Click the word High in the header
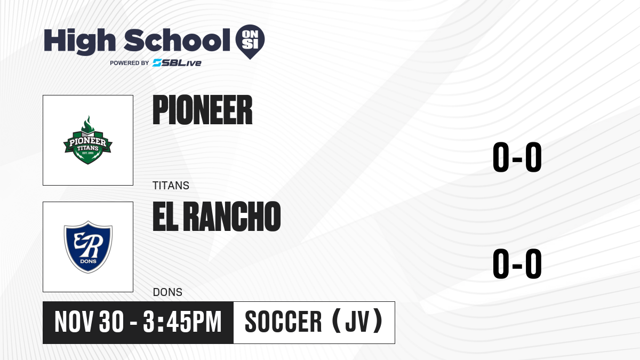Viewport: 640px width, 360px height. pyautogui.click(x=80, y=42)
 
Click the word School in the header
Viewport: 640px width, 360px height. pyautogui.click(x=177, y=40)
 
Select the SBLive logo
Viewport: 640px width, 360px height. pyautogui.click(x=177, y=63)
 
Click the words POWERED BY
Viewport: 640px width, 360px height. pyautogui.click(x=130, y=63)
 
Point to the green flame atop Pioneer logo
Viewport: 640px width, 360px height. pyautogui.click(x=87, y=125)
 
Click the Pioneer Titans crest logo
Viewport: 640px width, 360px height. pyautogui.click(x=87, y=140)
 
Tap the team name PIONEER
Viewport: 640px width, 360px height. pyautogui.click(x=203, y=110)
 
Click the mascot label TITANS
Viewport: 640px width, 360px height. pyautogui.click(x=171, y=186)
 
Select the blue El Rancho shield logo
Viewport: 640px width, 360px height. pyautogui.click(x=88, y=247)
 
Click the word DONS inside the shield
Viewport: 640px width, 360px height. pyautogui.click(x=89, y=261)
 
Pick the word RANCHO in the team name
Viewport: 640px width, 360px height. pyautogui.click(x=232, y=217)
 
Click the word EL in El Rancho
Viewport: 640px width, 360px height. pyautogui.click(x=165, y=217)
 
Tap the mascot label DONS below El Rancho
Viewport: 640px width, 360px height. pyautogui.click(x=167, y=292)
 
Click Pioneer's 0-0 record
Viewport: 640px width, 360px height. pyautogui.click(x=517, y=157)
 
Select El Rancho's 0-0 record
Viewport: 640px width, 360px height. pyautogui.click(x=517, y=263)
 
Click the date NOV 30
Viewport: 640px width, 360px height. pyautogui.click(x=89, y=322)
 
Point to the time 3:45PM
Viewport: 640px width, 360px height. pyautogui.click(x=182, y=322)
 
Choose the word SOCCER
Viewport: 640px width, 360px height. pyautogui.click(x=283, y=322)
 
